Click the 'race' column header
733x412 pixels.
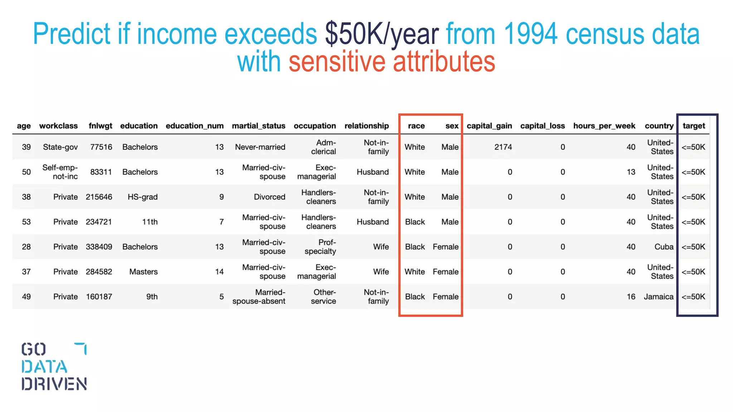[x=416, y=126]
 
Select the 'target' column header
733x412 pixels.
[x=693, y=126]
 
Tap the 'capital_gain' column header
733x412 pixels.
[x=489, y=126]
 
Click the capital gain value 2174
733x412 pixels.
[x=503, y=147]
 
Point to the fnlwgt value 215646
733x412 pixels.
[x=99, y=197]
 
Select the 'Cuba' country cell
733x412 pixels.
[x=664, y=247]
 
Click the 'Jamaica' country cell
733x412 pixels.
[x=658, y=297]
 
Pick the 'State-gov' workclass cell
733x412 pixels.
[x=60, y=147]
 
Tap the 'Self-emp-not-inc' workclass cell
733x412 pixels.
[x=60, y=172]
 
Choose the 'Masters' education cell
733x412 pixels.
[x=143, y=272]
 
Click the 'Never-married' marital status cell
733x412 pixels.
[x=260, y=147]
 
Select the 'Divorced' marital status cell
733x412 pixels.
[x=269, y=197]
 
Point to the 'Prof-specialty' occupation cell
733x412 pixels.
[x=320, y=247]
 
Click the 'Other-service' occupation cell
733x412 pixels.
[x=323, y=297]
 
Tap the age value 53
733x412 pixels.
[x=26, y=222]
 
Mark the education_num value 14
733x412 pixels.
[x=219, y=272]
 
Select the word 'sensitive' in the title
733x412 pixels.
[x=336, y=62]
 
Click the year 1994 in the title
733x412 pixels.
[x=530, y=34]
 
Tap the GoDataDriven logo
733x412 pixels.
[x=54, y=366]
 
